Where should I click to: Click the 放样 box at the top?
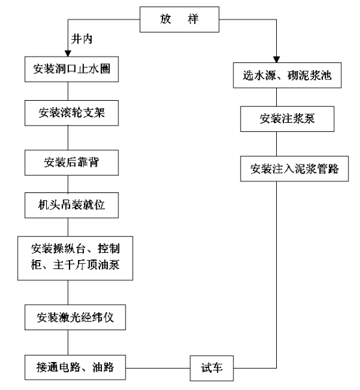(x=179, y=19)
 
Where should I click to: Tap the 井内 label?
(x=81, y=39)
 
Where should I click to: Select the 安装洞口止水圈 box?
(x=71, y=69)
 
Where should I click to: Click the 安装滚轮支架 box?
(x=71, y=113)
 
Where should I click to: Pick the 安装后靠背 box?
(x=71, y=162)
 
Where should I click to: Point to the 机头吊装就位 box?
(x=71, y=205)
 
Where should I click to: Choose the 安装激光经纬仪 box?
(x=75, y=317)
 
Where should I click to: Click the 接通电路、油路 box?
(x=75, y=368)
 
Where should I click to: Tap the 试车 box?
(x=212, y=368)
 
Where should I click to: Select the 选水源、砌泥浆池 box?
(x=287, y=75)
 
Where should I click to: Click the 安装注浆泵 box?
(x=287, y=119)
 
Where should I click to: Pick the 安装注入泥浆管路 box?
(x=294, y=169)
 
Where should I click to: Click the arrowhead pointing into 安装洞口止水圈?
(x=68, y=53)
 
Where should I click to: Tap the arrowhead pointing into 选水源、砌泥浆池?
(x=276, y=60)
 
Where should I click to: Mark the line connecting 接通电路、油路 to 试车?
(x=158, y=368)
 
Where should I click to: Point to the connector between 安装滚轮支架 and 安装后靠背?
(x=68, y=138)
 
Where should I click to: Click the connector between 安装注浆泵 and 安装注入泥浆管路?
(x=276, y=144)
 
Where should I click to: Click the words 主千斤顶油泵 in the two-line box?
(x=86, y=265)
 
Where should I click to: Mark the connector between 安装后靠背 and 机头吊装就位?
(x=68, y=184)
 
